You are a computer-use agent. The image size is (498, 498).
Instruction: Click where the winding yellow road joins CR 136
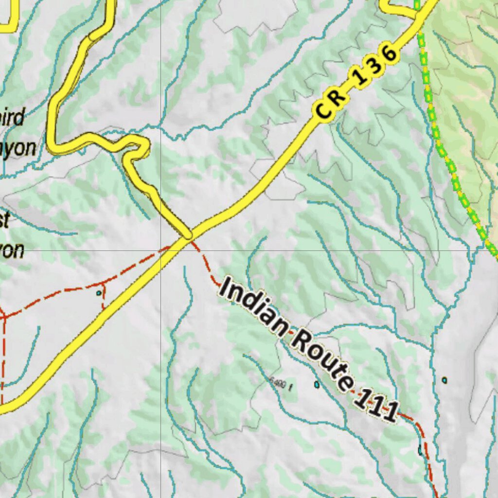188,236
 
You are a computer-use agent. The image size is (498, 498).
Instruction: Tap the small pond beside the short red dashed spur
99,293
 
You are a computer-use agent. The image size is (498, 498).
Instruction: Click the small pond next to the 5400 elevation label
317,385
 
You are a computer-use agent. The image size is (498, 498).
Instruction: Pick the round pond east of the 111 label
444,380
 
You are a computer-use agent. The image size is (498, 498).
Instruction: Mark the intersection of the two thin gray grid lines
161,250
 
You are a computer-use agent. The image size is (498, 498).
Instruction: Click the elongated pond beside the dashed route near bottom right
420,450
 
